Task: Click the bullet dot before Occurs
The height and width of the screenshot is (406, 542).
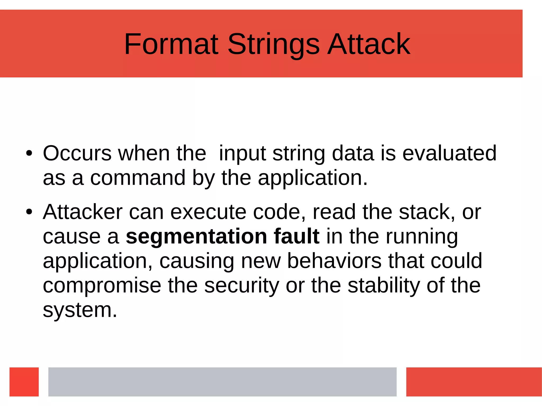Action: (x=29, y=153)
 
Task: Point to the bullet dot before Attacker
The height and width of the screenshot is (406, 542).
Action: (x=29, y=212)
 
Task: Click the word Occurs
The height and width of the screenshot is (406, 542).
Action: (x=77, y=153)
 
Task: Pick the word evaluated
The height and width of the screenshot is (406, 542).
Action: (x=449, y=153)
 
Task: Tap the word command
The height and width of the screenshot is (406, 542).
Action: (x=138, y=178)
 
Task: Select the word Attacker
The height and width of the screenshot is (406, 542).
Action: (x=83, y=212)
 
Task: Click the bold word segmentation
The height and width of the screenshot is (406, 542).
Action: (x=196, y=236)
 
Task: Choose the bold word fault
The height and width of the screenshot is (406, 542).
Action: (x=296, y=236)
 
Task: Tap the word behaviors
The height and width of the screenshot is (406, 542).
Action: (x=334, y=261)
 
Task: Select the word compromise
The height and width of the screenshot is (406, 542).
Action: (x=102, y=286)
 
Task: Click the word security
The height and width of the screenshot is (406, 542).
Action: (x=241, y=286)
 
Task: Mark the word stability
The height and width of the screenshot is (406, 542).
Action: (x=383, y=286)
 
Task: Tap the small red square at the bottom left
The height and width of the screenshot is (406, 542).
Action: (x=24, y=382)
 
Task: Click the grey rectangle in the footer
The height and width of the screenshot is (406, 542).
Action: (x=222, y=382)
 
